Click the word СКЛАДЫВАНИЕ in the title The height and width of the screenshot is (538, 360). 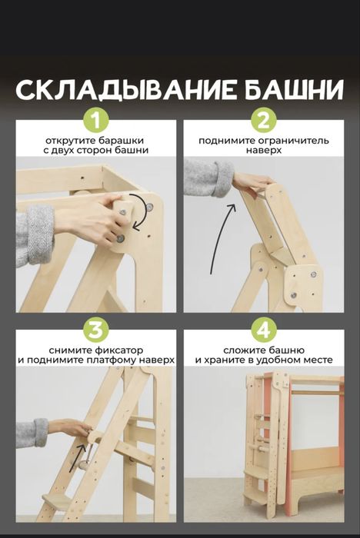coord(116,90)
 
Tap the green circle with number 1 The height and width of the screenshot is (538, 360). coord(96,121)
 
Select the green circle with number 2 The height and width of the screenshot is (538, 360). coord(263,121)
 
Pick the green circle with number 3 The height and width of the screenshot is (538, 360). coord(96,330)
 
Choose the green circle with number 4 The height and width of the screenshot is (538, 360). coord(263,330)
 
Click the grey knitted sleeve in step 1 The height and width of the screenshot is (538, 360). coord(34,234)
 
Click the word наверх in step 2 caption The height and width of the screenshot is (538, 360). coord(263,151)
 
